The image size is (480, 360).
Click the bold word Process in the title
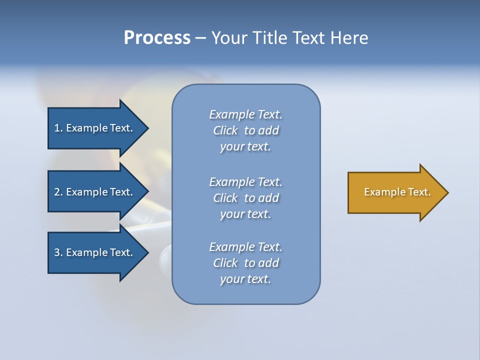157,38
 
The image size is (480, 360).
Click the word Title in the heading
270,38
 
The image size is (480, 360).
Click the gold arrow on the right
395,192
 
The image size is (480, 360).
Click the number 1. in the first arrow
58,128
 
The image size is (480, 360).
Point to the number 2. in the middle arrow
58,192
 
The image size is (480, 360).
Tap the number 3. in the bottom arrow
58,252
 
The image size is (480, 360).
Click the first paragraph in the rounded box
245,130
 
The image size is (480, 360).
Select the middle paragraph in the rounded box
245,198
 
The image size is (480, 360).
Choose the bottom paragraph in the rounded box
245,263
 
